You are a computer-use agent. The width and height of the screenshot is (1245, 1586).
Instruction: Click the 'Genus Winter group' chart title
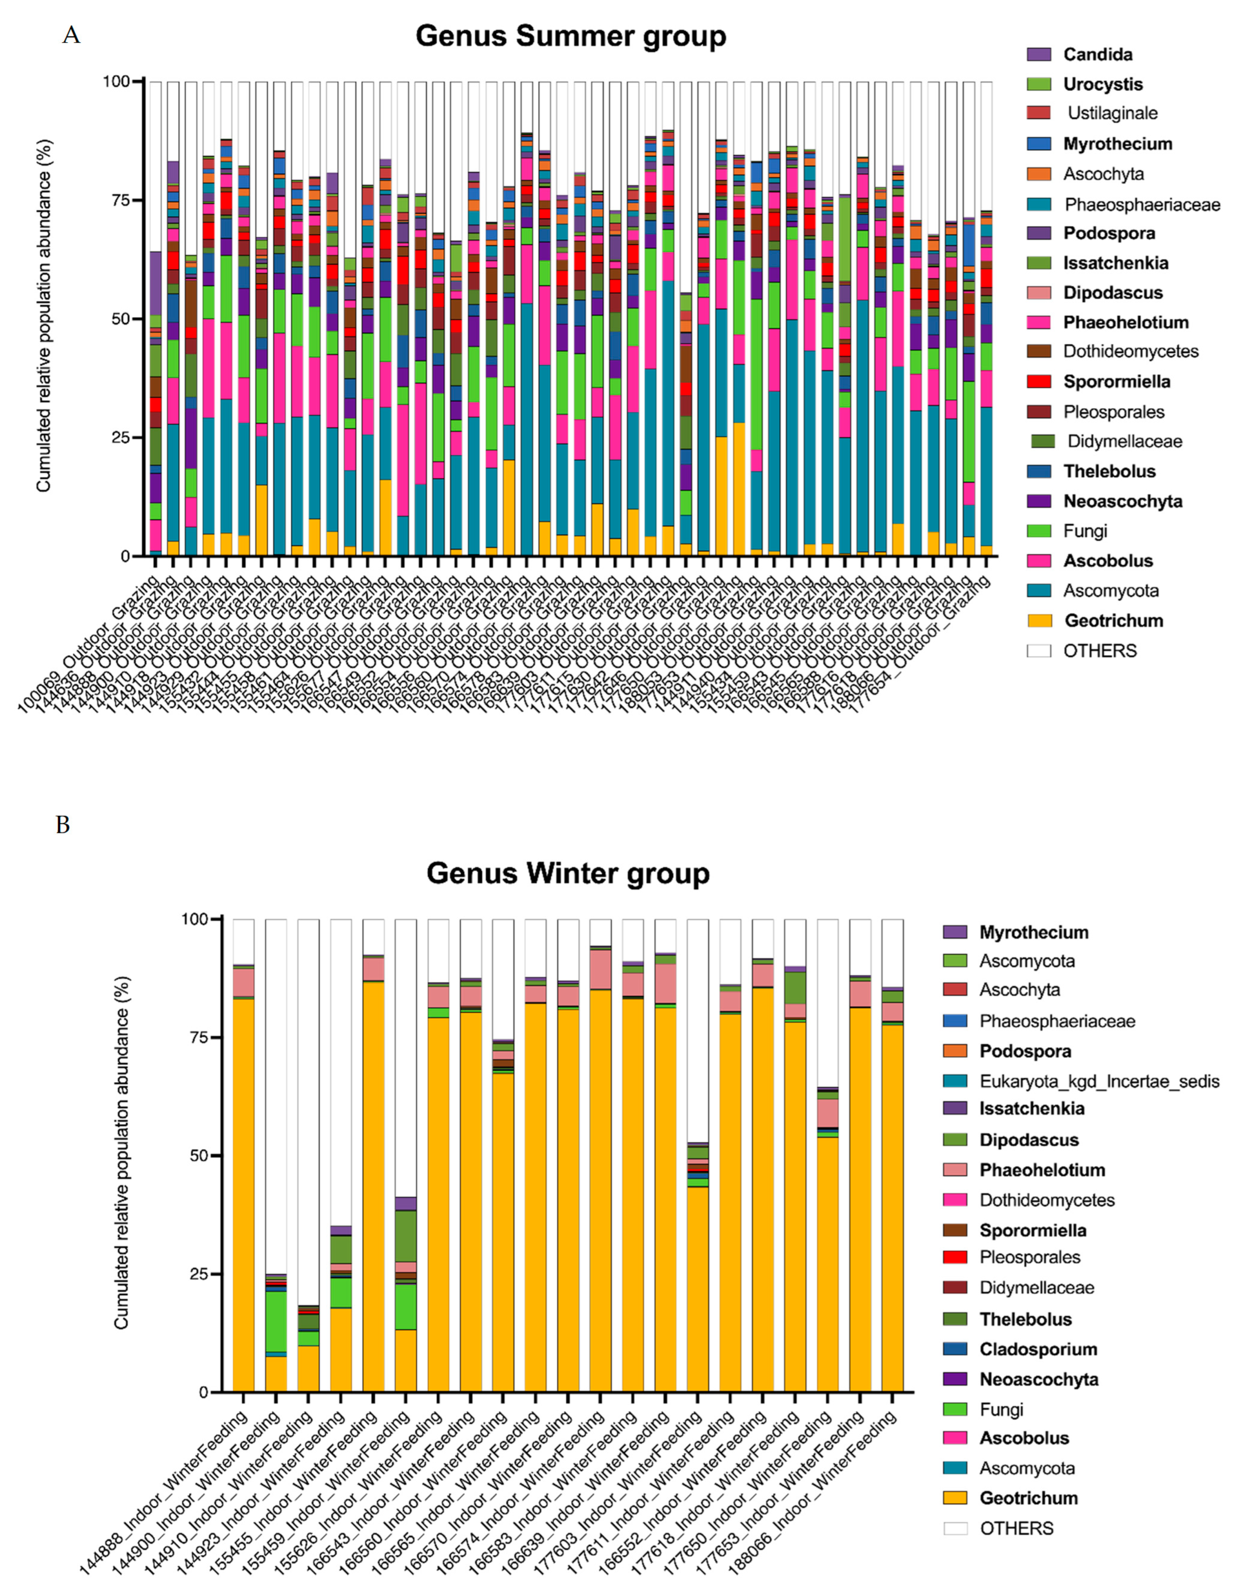[568, 873]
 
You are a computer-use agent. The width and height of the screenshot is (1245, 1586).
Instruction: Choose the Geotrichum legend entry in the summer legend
[1113, 621]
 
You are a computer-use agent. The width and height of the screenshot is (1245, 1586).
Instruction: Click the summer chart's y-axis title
[45, 315]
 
